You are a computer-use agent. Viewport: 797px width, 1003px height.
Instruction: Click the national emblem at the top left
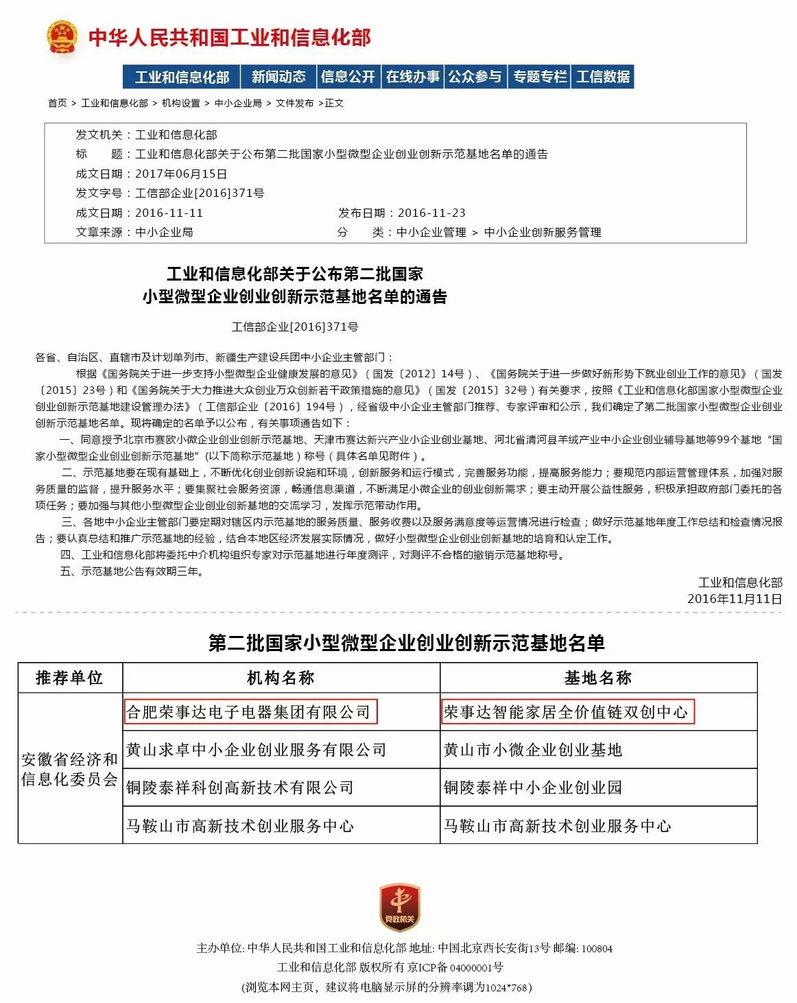[62, 37]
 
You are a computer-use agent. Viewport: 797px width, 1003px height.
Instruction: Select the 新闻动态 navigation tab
[278, 77]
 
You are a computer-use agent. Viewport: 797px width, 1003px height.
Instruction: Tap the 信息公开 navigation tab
[348, 77]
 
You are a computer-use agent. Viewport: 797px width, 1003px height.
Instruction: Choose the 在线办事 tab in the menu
[412, 77]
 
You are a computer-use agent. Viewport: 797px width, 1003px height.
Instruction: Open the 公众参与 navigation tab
[475, 77]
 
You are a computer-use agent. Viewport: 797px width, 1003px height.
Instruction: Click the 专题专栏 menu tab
[540, 77]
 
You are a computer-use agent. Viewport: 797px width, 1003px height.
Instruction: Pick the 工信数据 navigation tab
[603, 77]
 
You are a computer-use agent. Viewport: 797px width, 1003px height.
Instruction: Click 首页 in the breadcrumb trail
[58, 103]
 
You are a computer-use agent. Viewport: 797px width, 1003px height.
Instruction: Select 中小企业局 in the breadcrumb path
[238, 103]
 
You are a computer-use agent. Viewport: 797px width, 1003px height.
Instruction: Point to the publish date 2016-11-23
[431, 213]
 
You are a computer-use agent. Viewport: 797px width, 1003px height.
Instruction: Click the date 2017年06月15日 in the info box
[181, 174]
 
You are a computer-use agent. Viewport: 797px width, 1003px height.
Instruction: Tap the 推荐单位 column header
[69, 678]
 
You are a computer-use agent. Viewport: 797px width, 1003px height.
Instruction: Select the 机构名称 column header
[281, 678]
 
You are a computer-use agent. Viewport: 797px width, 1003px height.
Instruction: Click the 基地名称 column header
[598, 678]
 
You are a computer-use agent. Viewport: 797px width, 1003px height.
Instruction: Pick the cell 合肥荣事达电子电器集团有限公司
[250, 712]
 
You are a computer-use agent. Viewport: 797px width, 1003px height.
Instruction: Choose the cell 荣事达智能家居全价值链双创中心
[567, 712]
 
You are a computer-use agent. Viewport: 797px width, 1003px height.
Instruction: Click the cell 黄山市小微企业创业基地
[533, 750]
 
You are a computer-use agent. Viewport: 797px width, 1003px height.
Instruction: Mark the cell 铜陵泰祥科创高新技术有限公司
[239, 788]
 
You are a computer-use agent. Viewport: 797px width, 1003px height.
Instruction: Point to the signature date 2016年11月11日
[735, 599]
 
